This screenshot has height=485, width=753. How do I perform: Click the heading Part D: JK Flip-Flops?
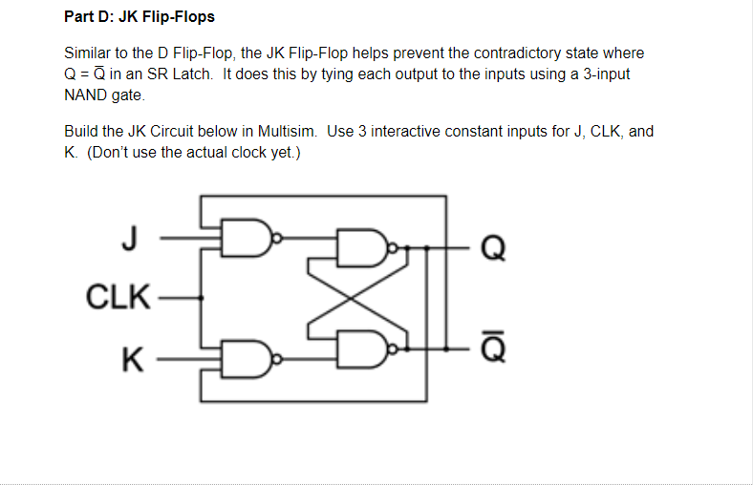[x=139, y=17]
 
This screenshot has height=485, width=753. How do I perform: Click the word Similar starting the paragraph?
[x=88, y=53]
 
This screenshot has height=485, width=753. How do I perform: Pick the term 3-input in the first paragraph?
[x=603, y=74]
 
